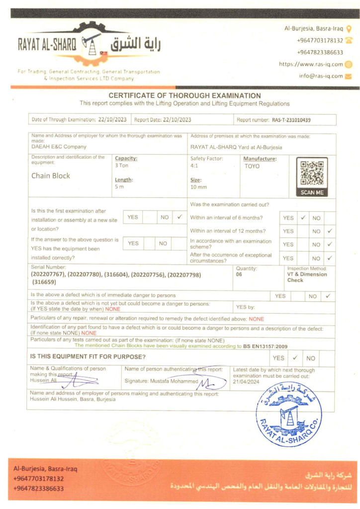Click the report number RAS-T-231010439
click(291, 120)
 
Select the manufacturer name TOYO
click(252, 166)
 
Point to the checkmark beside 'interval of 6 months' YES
click(303, 218)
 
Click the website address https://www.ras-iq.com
click(311, 64)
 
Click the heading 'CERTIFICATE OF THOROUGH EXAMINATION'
click(184, 95)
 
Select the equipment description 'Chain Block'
click(51, 175)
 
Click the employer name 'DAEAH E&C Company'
click(59, 147)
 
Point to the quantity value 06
click(239, 274)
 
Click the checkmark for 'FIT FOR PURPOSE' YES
click(295, 357)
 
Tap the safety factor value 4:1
click(194, 166)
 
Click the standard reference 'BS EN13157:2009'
click(266, 346)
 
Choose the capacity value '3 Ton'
click(122, 166)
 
